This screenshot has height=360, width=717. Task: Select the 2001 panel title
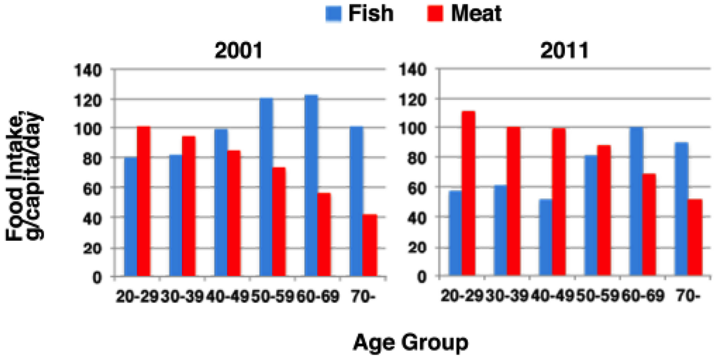(x=234, y=52)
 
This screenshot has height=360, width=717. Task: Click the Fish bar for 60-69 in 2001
(x=311, y=186)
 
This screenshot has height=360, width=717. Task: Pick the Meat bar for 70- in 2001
(x=369, y=245)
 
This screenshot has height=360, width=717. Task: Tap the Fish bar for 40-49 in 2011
(x=545, y=238)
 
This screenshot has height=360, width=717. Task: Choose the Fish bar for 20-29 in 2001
(x=130, y=217)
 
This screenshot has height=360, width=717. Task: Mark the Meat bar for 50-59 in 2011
(x=604, y=211)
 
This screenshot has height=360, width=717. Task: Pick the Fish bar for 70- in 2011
(x=681, y=209)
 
